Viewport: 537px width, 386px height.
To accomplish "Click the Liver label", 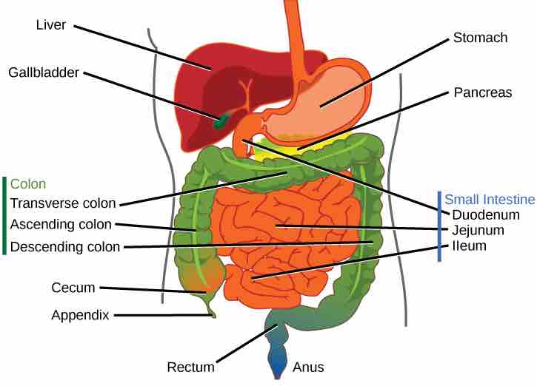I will tap(52, 25).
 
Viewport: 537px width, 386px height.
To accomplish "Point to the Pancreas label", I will tap(481, 95).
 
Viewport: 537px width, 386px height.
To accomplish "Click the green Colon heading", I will tap(28, 184).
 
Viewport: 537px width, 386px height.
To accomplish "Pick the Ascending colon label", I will tap(61, 224).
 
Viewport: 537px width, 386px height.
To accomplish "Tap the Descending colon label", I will tap(65, 246).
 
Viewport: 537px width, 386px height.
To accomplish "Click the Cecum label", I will tap(73, 287).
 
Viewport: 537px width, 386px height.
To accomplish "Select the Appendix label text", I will tap(80, 315).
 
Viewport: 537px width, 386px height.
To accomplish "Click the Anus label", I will tap(308, 367).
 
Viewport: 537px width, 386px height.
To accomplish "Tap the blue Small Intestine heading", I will tap(489, 200).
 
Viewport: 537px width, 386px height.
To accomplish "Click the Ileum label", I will tap(469, 246).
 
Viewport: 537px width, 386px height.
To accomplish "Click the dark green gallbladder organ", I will tap(220, 122).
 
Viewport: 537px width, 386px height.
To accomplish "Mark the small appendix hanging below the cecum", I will tap(213, 311).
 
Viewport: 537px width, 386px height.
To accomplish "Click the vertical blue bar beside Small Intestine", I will tap(440, 226).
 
